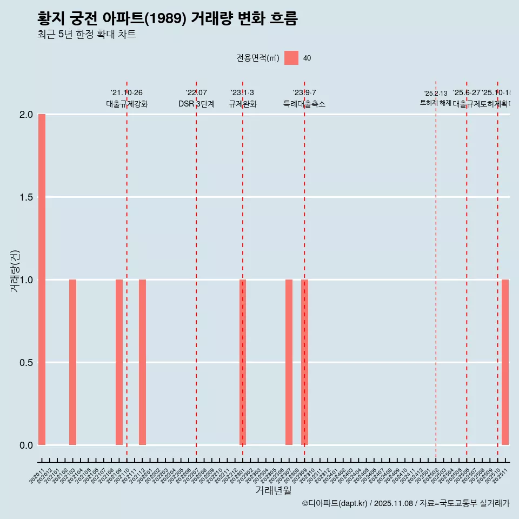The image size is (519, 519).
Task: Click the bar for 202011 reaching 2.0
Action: (42, 280)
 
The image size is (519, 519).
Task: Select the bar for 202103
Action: (72, 362)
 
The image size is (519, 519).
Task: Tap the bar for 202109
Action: (119, 362)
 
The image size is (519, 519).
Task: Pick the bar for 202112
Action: (142, 362)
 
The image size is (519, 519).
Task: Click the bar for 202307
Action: (289, 362)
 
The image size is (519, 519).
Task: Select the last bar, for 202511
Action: (505, 362)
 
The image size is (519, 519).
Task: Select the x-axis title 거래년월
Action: (273, 490)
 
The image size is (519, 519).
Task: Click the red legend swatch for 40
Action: (291, 58)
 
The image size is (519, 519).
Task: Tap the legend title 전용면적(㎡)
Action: (258, 58)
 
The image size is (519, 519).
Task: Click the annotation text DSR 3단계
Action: (196, 104)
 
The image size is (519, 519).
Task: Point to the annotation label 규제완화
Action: (242, 104)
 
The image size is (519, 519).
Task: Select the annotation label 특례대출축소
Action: (304, 104)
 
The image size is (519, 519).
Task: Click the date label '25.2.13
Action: (436, 94)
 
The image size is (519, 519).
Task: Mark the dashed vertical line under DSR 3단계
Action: (196, 270)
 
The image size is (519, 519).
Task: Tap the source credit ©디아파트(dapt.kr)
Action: (335, 503)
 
